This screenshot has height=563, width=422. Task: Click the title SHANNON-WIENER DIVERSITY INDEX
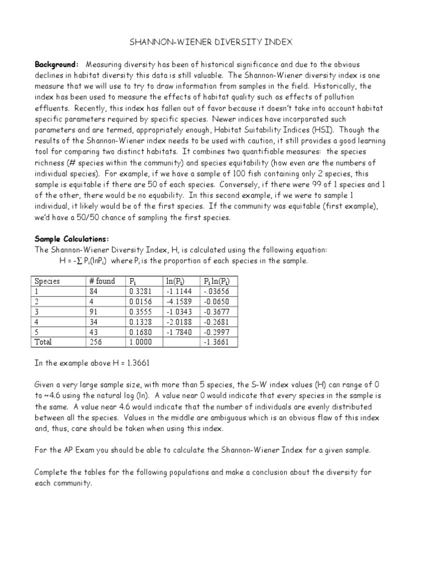point(211,42)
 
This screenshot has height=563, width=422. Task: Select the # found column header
point(102,281)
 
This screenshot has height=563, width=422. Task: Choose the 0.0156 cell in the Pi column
point(140,301)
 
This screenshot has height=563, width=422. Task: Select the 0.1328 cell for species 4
point(140,322)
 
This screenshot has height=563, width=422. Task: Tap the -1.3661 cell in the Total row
point(217,342)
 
